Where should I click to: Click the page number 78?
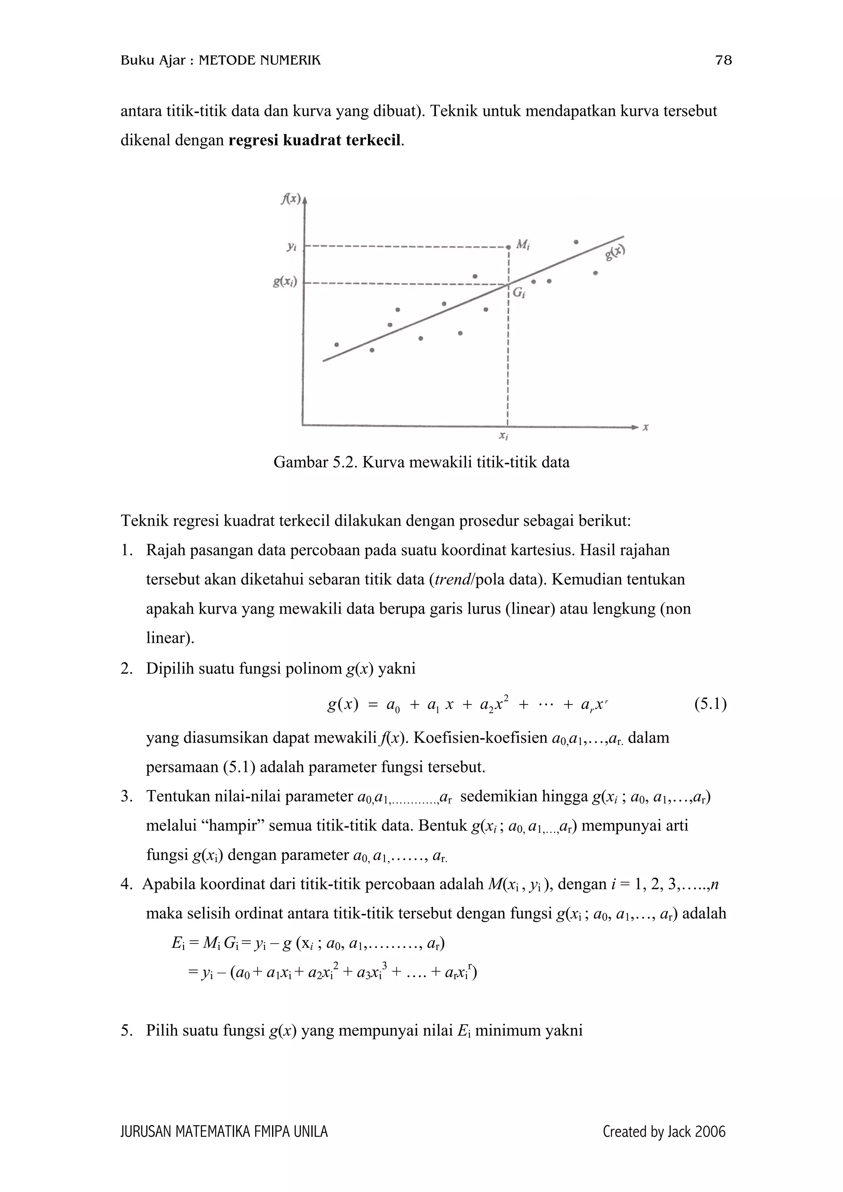tap(723, 61)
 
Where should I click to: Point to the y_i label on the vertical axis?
tap(291, 248)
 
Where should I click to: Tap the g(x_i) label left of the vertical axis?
tap(285, 283)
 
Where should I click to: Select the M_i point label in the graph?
tap(522, 244)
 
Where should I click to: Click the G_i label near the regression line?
tap(518, 293)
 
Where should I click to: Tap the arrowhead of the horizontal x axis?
tap(635, 427)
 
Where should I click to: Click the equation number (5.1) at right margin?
tap(710, 705)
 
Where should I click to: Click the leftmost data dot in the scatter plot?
tap(337, 344)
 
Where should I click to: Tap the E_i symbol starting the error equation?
tap(178, 943)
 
